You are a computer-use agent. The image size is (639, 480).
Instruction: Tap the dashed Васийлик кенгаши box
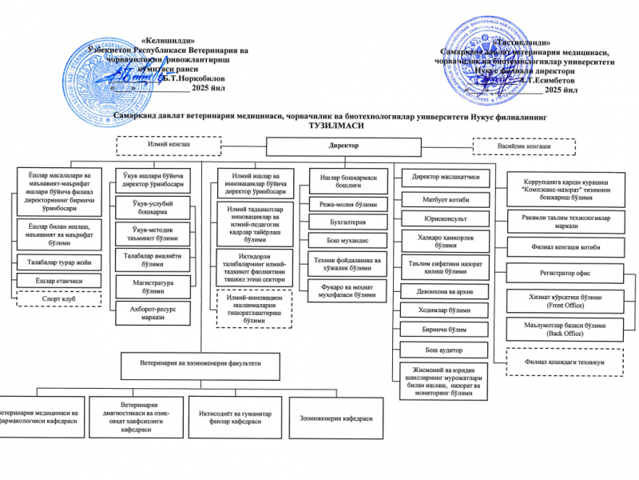pyautogui.click(x=523, y=146)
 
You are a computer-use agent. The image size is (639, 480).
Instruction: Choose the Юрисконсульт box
pyautogui.click(x=446, y=218)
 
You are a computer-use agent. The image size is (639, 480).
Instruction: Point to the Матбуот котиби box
pyautogui.click(x=446, y=198)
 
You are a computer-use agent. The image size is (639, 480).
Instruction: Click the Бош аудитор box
pyautogui.click(x=446, y=350)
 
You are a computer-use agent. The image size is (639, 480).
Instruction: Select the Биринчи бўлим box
pyautogui.click(x=446, y=330)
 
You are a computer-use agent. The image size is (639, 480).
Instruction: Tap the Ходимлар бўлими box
pyautogui.click(x=446, y=310)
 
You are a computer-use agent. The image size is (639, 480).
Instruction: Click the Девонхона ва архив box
pyautogui.click(x=446, y=292)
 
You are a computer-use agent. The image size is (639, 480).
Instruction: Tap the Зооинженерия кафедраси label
pyautogui.click(x=336, y=418)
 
